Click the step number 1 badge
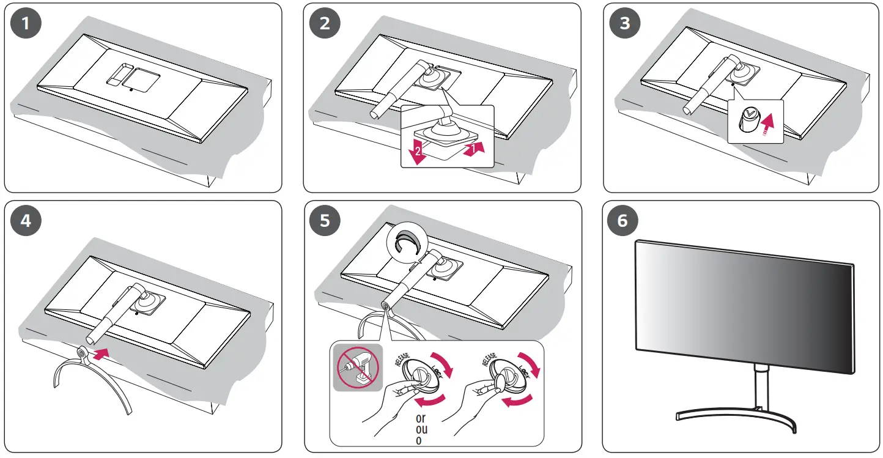click(25, 24)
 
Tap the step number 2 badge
click(325, 24)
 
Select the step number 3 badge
click(624, 24)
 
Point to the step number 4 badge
click(25, 221)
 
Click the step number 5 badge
click(325, 221)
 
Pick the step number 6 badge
click(623, 221)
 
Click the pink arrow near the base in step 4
click(102, 352)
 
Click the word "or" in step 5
click(421, 418)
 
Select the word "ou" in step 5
click(421, 429)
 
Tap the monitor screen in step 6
click(744, 306)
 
